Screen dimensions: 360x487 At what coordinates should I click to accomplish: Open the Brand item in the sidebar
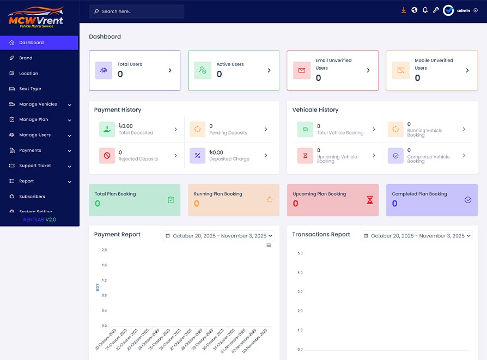26,58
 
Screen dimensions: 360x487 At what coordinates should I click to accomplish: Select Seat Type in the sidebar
30,89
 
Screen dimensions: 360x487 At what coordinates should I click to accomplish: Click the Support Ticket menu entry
35,166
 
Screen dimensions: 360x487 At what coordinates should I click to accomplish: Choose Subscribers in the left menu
32,197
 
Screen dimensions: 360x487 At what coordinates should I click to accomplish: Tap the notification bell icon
425,10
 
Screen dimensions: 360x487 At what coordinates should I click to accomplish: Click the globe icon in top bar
414,10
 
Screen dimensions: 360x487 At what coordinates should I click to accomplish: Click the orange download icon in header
404,10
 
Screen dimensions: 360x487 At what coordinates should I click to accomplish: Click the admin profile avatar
448,10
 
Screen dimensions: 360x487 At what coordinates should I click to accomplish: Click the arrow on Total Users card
170,70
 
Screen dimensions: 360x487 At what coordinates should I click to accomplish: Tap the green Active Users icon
203,70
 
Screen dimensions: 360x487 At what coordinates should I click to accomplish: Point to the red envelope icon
302,70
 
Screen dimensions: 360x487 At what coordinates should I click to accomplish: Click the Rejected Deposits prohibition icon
107,156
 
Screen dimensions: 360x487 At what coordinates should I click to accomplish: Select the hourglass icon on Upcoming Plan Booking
370,200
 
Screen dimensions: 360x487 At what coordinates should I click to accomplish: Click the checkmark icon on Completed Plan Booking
468,200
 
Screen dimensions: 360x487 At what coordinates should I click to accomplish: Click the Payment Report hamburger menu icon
269,246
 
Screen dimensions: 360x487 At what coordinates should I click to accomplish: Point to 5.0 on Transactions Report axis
300,253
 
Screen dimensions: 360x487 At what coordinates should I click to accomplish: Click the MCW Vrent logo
36,17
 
